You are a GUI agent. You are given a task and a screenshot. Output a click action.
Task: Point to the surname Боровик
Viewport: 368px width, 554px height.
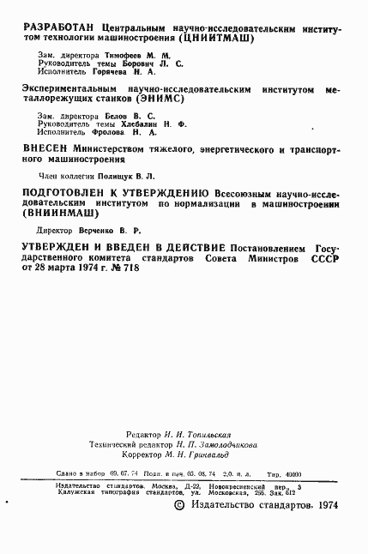[142, 63]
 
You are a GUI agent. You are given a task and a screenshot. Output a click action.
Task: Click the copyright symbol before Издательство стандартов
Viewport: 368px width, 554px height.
[178, 505]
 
